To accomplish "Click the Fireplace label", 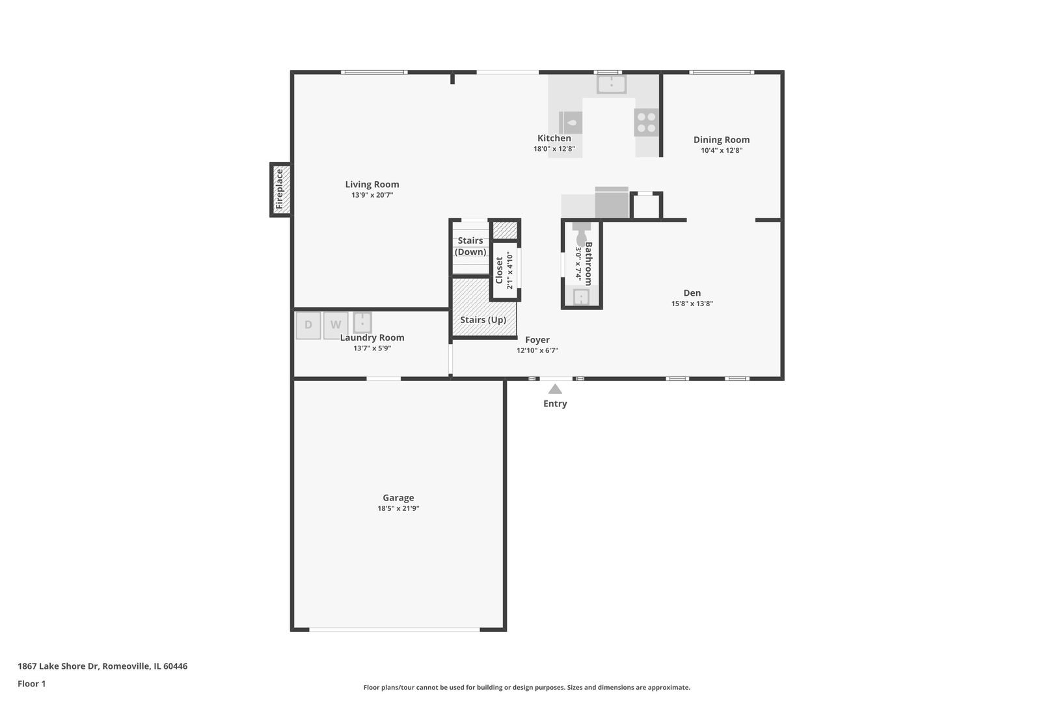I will tap(280, 189).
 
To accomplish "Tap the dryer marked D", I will tap(308, 325).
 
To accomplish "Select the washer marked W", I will tap(336, 325).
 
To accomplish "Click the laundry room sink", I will tap(362, 322).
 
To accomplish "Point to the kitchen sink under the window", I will tap(612, 84).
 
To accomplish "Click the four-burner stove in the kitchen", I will tap(647, 122).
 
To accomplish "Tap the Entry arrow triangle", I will tap(555, 389).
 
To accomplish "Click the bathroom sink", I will tap(580, 297).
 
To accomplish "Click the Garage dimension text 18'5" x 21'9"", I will tap(398, 509).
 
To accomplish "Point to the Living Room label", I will tap(372, 185).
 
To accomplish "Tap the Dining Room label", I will tap(722, 140).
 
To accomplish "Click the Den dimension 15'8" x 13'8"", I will tap(692, 304).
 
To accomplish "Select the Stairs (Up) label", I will tap(483, 320).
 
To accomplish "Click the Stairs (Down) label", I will tap(470, 246).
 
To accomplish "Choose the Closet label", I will tap(499, 270).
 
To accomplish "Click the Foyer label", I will tap(537, 340).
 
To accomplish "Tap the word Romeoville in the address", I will tap(126, 666).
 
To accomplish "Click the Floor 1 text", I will tap(32, 684).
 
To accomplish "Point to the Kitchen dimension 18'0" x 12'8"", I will tap(554, 149).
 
